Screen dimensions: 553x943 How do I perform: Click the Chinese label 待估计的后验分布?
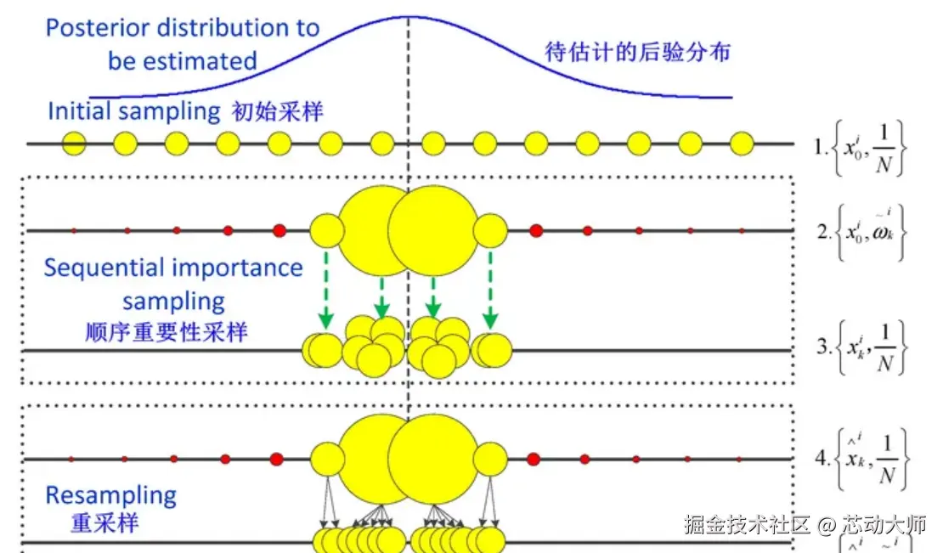click(637, 52)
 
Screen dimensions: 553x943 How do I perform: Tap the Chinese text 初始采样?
click(277, 111)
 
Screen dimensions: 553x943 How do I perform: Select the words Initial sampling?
click(134, 111)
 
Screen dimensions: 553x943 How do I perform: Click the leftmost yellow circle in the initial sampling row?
click(75, 144)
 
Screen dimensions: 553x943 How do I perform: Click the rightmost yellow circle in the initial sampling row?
click(742, 144)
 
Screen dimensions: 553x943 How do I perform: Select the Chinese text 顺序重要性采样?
click(167, 331)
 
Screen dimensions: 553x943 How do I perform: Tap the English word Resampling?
click(110, 495)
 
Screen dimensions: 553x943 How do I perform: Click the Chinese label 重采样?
click(104, 522)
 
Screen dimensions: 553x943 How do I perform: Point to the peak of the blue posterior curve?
click(408, 17)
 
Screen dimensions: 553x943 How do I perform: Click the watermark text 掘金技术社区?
click(748, 525)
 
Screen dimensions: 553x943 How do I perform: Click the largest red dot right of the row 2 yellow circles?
click(536, 230)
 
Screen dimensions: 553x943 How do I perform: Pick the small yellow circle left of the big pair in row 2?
click(326, 230)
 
